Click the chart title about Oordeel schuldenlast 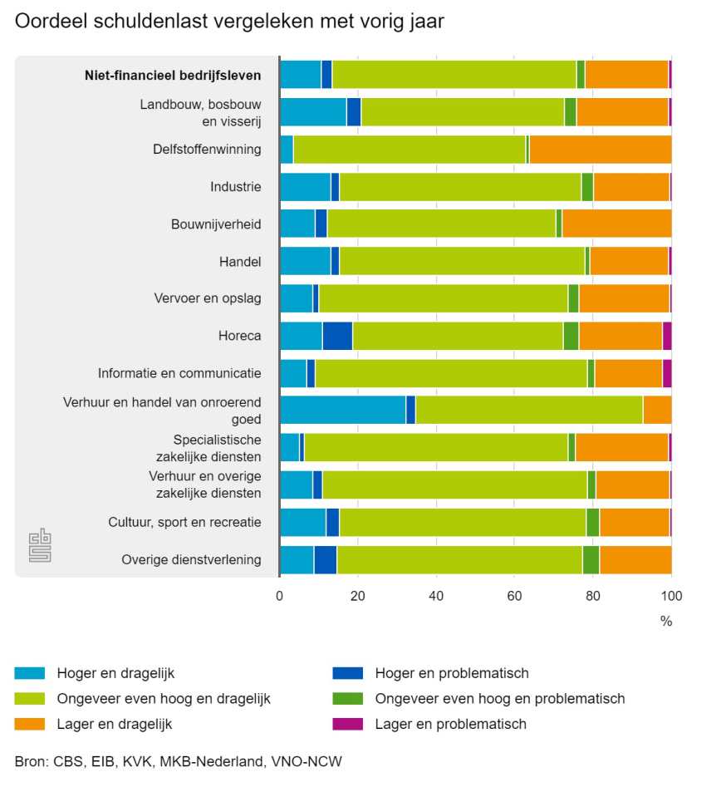229,22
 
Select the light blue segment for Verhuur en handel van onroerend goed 342,411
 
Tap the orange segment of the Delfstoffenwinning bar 600,150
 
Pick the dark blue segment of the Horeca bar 337,336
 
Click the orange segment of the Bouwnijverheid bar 616,224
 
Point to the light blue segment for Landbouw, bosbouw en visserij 312,112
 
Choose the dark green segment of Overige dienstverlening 591,559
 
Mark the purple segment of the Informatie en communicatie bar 667,373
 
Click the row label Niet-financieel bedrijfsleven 173,75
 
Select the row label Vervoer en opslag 208,298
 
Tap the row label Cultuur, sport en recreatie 184,522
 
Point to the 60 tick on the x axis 514,596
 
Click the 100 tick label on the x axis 670,596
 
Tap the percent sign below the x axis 665,621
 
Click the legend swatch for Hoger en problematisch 346,673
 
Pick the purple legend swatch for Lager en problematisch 346,724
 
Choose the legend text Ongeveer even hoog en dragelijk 164,699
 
